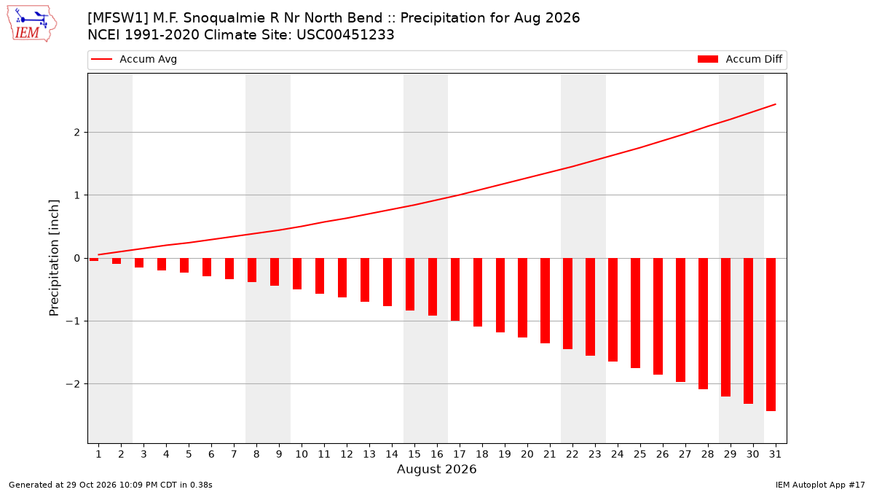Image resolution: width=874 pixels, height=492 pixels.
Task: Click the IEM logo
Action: coord(32,24)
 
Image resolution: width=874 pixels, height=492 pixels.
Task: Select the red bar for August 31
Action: coord(771,335)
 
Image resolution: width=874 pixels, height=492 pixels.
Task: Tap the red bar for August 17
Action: coord(455,289)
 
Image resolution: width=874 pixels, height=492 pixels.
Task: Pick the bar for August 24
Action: coord(613,310)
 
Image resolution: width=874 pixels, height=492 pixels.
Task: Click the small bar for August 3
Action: coord(139,263)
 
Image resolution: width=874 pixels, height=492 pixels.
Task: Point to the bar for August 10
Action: coord(297,274)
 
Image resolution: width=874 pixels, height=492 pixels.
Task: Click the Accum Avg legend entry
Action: coord(134,59)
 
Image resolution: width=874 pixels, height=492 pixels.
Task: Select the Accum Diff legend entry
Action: coord(740,59)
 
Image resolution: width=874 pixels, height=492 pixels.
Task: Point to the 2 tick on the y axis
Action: coord(77,133)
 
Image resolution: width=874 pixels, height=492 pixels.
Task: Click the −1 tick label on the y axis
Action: coord(73,321)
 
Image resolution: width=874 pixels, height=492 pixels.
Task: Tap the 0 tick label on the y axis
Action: coord(77,258)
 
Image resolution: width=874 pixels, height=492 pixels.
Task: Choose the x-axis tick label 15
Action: coord(414,454)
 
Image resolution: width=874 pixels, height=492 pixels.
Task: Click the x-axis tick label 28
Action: coord(707,454)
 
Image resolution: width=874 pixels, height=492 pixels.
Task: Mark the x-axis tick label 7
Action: coord(234,454)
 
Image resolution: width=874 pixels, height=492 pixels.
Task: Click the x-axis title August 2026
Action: coord(436,469)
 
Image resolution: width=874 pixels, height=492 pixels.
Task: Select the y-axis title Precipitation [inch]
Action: coord(54,258)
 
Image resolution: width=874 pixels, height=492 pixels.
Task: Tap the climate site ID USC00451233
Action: coord(345,35)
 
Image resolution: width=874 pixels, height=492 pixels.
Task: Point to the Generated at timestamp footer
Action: coord(111,485)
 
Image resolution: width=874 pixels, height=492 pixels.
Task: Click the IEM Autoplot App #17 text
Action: coord(820,485)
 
